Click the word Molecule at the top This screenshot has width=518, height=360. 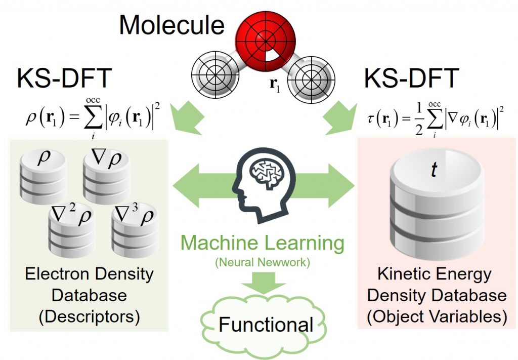(171, 25)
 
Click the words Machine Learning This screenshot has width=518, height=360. (263, 244)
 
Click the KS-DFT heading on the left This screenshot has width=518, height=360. (64, 79)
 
